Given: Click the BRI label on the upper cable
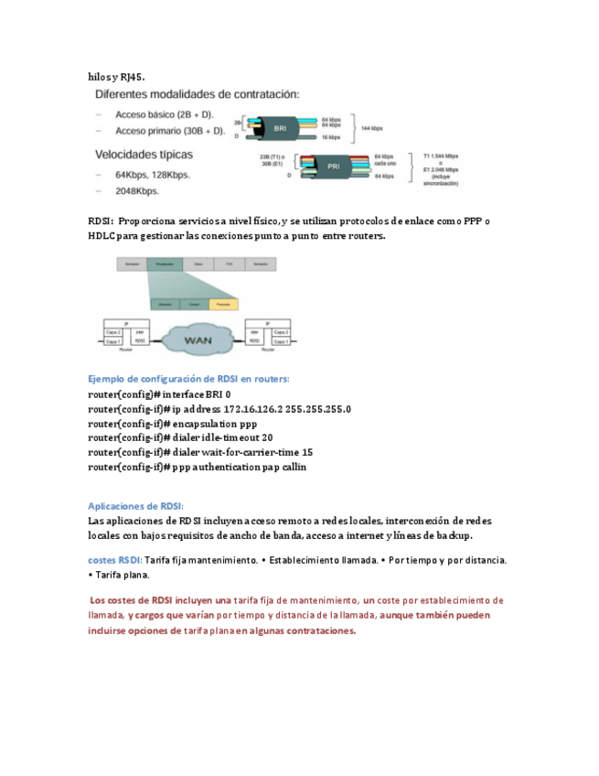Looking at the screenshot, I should click(280, 129).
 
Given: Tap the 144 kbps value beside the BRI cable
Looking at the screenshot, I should click(371, 128).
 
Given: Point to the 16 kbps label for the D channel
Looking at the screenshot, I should click(331, 136).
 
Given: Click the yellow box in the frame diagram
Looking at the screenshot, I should click(223, 303).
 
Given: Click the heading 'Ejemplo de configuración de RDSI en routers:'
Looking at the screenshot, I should click(188, 378).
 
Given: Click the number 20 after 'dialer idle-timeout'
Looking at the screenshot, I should click(267, 437).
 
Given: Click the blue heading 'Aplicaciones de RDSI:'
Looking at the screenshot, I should click(135, 505).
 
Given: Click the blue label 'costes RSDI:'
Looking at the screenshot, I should click(115, 559).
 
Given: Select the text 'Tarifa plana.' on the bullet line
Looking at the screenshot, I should click(122, 576).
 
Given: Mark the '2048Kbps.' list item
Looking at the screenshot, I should click(137, 191).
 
